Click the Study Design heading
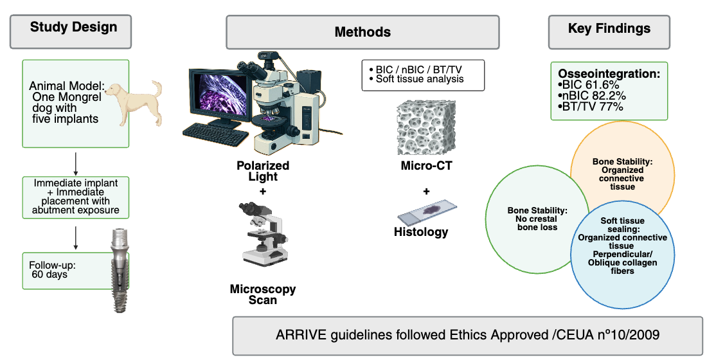[x=74, y=28]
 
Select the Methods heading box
[x=362, y=32]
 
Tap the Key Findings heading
[x=609, y=28]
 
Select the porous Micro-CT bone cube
[x=425, y=129]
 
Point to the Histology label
[x=421, y=232]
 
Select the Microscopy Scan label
[x=263, y=294]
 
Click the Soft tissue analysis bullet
[x=415, y=79]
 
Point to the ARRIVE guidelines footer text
[x=467, y=335]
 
